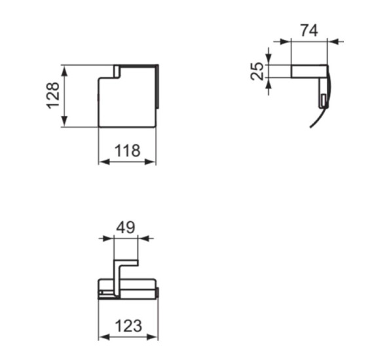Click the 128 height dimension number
tap(54, 96)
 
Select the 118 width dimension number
tap(127, 151)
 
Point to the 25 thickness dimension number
tap(258, 71)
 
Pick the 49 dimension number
tap(125, 227)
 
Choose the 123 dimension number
tap(128, 325)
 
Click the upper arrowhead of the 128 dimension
tap(64, 69)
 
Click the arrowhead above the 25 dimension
tap(269, 60)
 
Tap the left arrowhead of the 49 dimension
tap(109, 238)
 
